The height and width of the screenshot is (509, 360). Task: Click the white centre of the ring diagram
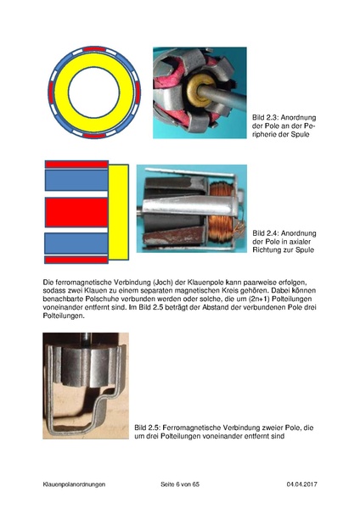tap(94, 92)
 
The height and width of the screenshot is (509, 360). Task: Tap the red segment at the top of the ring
tap(94, 49)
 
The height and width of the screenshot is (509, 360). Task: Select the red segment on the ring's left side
tap(51, 92)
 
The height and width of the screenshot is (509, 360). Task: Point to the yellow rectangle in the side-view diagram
tap(118, 212)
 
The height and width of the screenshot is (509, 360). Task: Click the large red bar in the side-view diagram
tap(76, 212)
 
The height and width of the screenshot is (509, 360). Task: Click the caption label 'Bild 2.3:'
tap(266, 118)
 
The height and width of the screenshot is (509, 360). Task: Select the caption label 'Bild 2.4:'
tap(266, 233)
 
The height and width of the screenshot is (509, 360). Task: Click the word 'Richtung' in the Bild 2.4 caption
tap(265, 250)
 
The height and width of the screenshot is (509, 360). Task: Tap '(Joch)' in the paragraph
tap(164, 282)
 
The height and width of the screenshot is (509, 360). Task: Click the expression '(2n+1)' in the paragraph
tap(261, 299)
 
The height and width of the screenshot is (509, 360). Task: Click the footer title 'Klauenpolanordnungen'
tap(74, 484)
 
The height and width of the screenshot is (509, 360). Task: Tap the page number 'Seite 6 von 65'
tap(180, 484)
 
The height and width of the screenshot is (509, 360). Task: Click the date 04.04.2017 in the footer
tap(301, 484)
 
